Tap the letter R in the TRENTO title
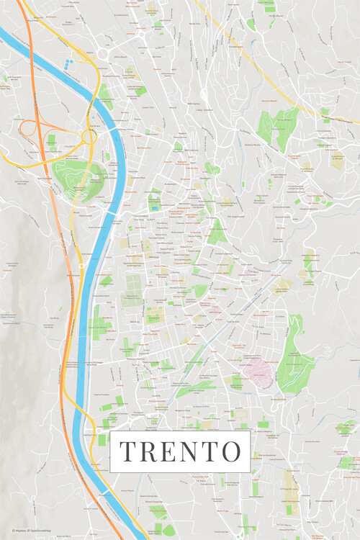pyautogui.click(x=149, y=451)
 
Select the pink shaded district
pyautogui.click(x=256, y=374)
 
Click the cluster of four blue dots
pyautogui.click(x=68, y=63)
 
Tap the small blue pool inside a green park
pyautogui.click(x=153, y=207)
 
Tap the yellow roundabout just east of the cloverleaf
pyautogui.click(x=91, y=135)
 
